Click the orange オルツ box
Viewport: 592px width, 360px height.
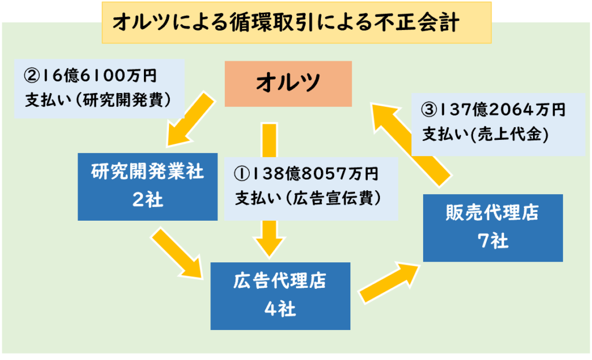[288, 84]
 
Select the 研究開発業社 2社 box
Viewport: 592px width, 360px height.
[147, 187]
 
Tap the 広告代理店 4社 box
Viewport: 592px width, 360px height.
[280, 296]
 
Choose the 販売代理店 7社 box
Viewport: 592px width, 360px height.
[493, 228]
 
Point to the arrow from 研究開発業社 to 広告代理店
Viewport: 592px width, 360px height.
[177, 253]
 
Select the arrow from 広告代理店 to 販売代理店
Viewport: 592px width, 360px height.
[389, 282]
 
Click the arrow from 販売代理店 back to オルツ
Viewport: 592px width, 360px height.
[411, 145]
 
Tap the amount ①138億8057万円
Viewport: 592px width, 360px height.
[306, 174]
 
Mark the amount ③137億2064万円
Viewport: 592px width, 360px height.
[493, 110]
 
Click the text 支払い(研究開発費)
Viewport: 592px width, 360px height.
[98, 100]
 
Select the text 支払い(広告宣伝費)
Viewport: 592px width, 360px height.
[308, 198]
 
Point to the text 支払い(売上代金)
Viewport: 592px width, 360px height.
[485, 134]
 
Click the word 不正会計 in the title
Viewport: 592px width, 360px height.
[417, 23]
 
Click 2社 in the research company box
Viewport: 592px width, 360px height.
[147, 199]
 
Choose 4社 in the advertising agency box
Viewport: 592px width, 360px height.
[280, 309]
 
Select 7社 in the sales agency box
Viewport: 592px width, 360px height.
[493, 241]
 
